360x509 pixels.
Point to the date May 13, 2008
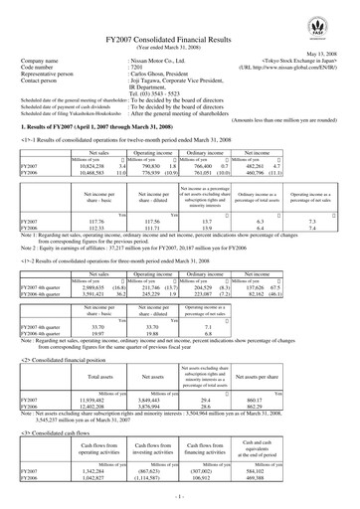(x=329, y=55)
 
